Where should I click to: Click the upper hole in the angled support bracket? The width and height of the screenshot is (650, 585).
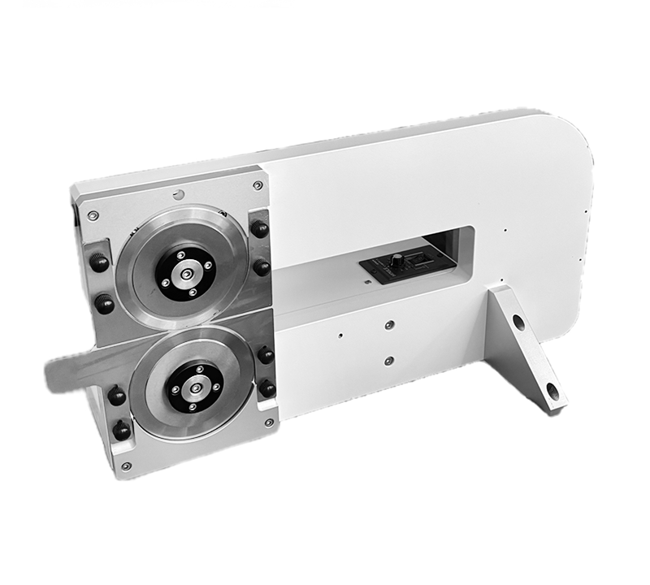pos(518,322)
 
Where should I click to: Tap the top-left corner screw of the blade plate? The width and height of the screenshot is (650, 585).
pos(93,215)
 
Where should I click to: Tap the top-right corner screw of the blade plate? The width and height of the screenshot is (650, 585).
pos(258,185)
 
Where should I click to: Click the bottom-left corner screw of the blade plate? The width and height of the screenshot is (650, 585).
pos(125,466)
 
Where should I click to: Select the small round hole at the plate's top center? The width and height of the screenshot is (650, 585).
pos(178,194)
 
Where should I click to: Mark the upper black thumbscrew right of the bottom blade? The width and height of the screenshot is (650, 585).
pos(265,354)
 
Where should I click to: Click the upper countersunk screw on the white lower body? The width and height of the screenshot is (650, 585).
pos(389,324)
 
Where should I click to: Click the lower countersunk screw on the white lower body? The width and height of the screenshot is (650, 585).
pos(388,360)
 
